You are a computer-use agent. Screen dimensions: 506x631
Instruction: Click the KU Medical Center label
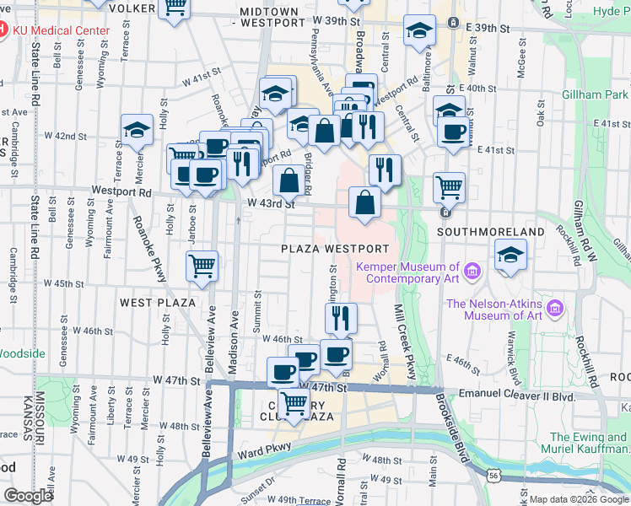coord(61,30)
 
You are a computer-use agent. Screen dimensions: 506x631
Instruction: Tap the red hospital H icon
coord(3,30)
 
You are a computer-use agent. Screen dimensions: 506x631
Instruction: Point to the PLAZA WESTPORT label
coord(336,249)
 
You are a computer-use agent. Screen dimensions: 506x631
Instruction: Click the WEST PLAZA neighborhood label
coord(158,302)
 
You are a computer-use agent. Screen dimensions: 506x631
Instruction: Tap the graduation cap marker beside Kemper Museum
coord(510,255)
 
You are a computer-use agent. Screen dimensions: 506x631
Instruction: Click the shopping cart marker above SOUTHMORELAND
coord(450,186)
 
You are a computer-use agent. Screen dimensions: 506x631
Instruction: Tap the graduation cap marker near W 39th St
coord(419,32)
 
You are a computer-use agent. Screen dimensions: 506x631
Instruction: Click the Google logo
coord(28,496)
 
